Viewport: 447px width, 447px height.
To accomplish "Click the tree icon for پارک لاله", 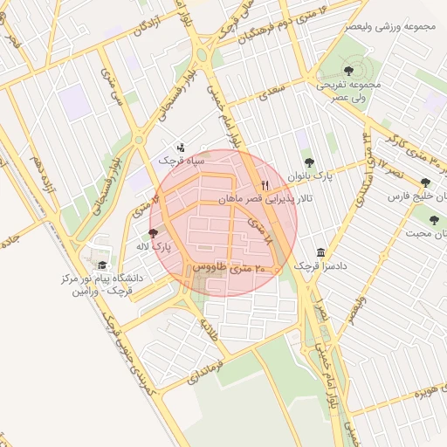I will [x=155, y=234].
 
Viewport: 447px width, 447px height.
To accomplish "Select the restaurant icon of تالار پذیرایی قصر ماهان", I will [x=265, y=185].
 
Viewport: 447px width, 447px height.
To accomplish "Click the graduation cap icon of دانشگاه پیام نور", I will [x=102, y=265].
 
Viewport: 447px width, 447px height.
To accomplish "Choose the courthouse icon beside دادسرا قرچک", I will [x=321, y=251].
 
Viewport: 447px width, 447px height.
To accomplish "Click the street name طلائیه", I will [x=209, y=331].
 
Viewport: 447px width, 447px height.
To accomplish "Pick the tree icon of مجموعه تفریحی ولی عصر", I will [x=349, y=70].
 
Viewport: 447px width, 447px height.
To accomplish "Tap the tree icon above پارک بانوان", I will [x=308, y=162].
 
